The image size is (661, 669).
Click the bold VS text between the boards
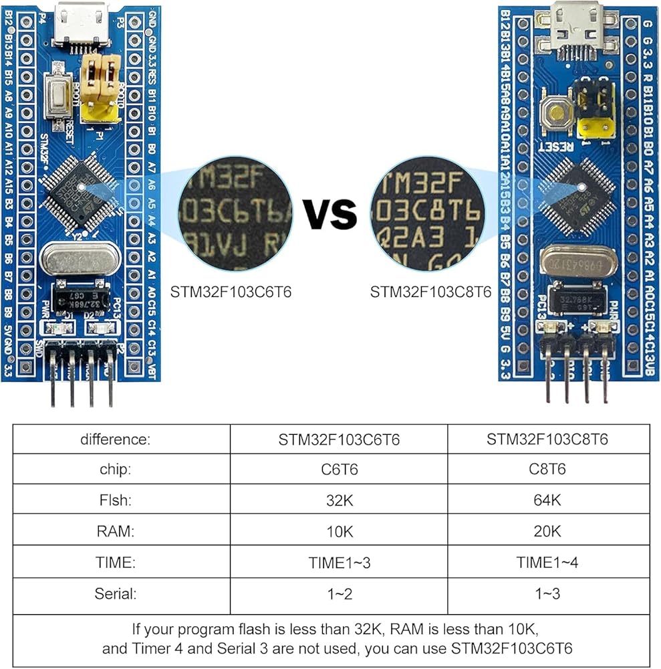[331, 213]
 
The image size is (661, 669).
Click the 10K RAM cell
[339, 532]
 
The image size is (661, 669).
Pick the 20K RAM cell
[547, 532]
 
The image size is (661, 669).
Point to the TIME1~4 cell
[547, 563]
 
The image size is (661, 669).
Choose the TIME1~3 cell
[339, 563]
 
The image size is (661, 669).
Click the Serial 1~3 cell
[547, 593]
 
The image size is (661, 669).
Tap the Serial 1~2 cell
[339, 593]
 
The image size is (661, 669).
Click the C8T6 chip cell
[547, 470]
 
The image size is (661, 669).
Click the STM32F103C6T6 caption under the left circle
[232, 292]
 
